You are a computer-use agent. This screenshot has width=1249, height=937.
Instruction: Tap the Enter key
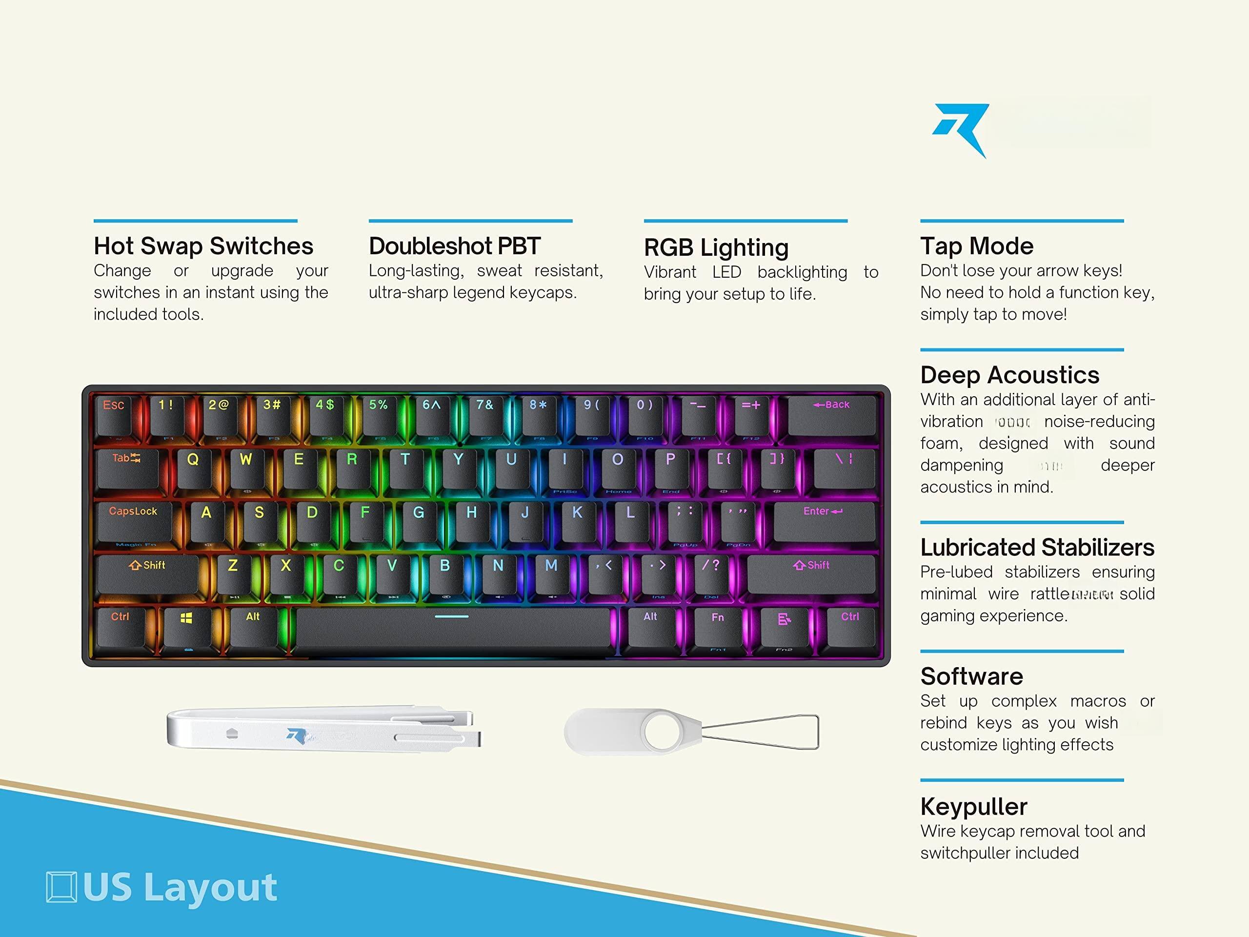click(x=823, y=518)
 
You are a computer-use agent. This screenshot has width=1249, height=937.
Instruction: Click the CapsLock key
click(x=134, y=518)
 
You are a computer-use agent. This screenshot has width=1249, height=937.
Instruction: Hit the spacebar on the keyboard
click(x=452, y=626)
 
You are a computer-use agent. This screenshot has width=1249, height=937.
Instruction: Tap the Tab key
click(x=126, y=466)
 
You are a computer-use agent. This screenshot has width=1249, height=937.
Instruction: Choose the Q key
click(x=193, y=466)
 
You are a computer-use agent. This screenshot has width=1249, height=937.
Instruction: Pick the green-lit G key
click(x=419, y=518)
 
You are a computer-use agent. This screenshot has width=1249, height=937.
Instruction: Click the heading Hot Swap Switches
click(x=203, y=246)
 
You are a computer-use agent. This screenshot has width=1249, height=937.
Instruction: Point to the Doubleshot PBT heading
click(x=455, y=246)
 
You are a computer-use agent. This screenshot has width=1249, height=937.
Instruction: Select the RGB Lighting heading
click(x=716, y=247)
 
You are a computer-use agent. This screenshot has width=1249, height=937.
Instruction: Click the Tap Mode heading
click(x=977, y=246)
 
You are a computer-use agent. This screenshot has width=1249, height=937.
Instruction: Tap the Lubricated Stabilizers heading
click(x=1037, y=547)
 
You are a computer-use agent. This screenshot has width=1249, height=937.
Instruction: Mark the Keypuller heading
click(x=973, y=807)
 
